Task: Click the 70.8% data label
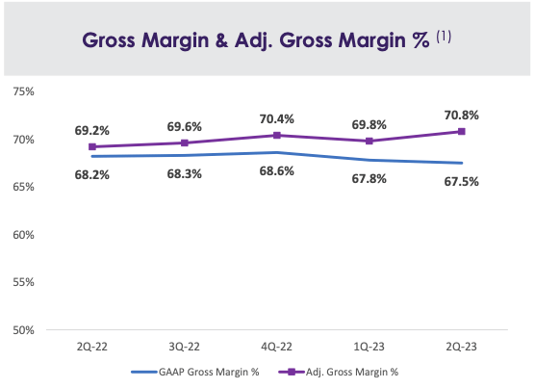(x=459, y=115)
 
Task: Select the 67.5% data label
(x=459, y=181)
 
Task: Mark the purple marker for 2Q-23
(x=462, y=131)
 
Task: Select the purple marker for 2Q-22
(x=91, y=147)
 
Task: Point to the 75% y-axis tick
(x=23, y=92)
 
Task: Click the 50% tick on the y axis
(x=23, y=330)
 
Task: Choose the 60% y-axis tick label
(x=23, y=235)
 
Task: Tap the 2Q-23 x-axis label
(x=463, y=345)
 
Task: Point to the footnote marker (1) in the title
(x=445, y=38)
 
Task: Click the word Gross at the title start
(x=112, y=42)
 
